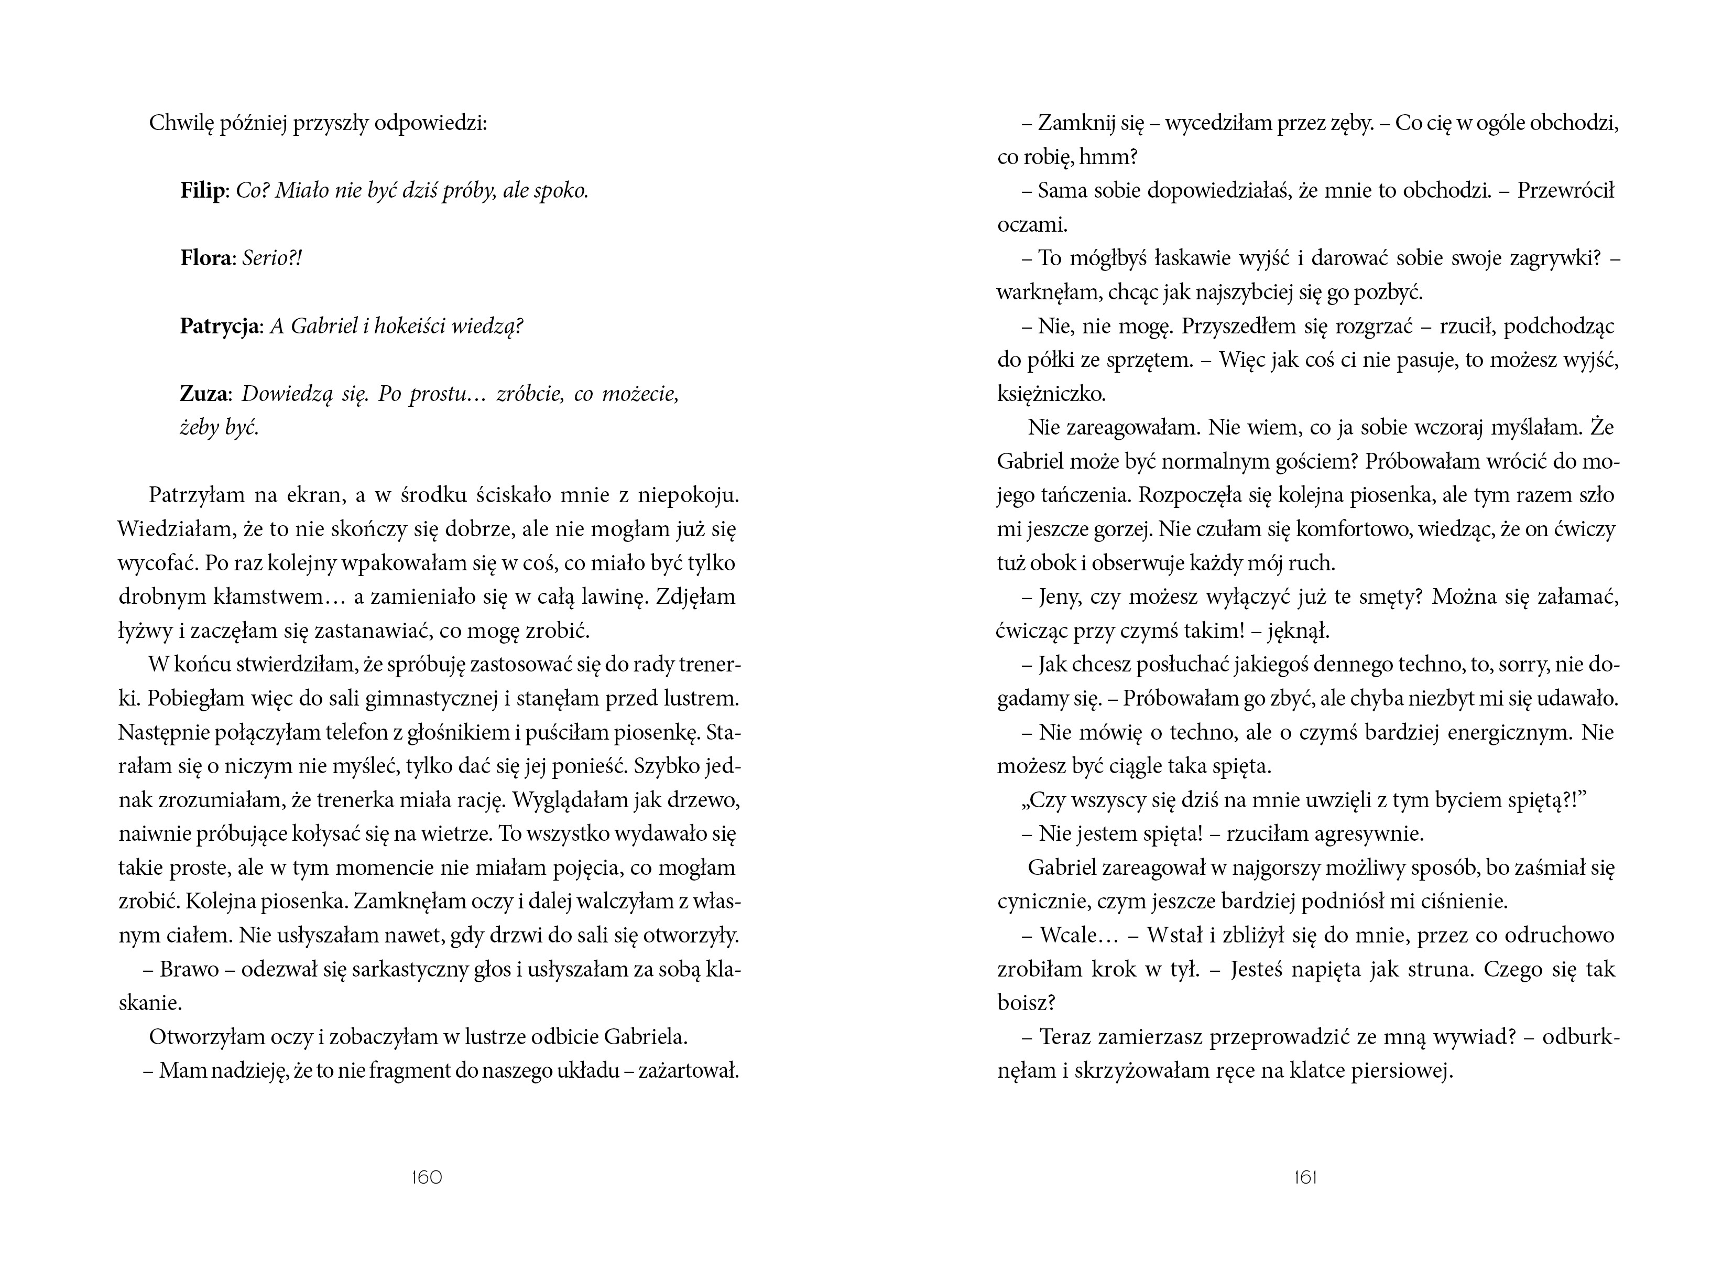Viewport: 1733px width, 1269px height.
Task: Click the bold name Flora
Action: coord(205,258)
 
